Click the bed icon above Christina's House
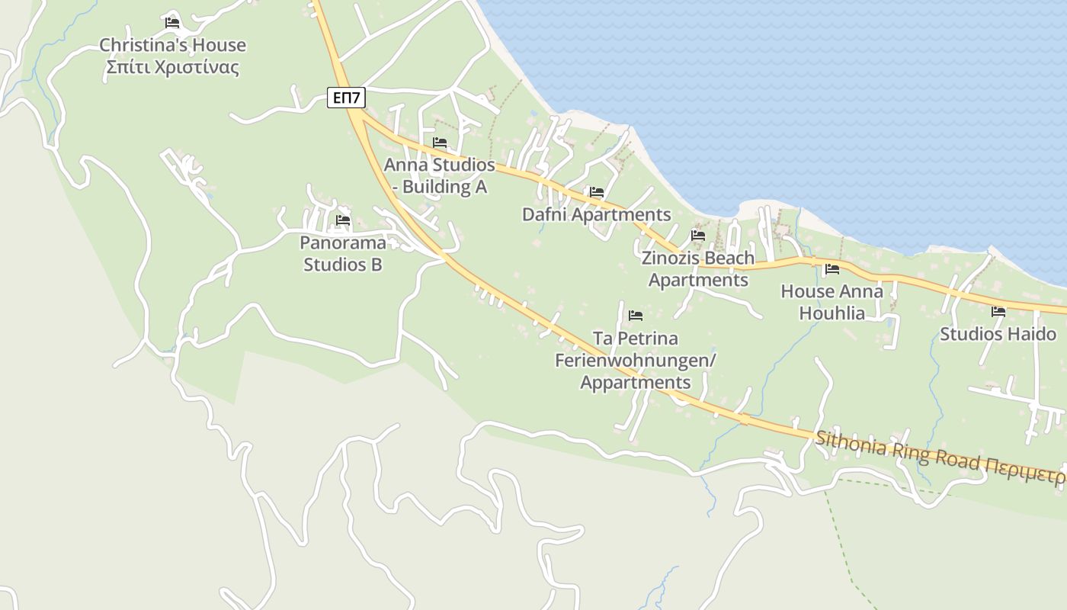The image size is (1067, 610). [172, 23]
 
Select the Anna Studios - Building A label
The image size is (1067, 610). [440, 175]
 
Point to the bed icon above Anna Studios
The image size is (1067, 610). [440, 143]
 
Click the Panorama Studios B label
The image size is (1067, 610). [343, 254]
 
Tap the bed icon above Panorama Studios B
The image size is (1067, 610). [343, 221]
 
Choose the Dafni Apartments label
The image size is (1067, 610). [596, 215]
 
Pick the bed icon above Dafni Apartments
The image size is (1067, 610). [596, 193]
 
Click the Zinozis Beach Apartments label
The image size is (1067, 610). [698, 268]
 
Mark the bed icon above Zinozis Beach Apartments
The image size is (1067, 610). [698, 236]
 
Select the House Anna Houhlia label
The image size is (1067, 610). [832, 302]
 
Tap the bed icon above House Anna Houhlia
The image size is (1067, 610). [832, 269]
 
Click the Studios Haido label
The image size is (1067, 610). [998, 334]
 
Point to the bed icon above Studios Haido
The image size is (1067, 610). [998, 312]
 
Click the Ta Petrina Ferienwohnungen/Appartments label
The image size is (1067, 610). [636, 360]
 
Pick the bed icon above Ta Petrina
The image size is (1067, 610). [636, 316]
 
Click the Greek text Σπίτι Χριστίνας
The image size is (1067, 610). [172, 68]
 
